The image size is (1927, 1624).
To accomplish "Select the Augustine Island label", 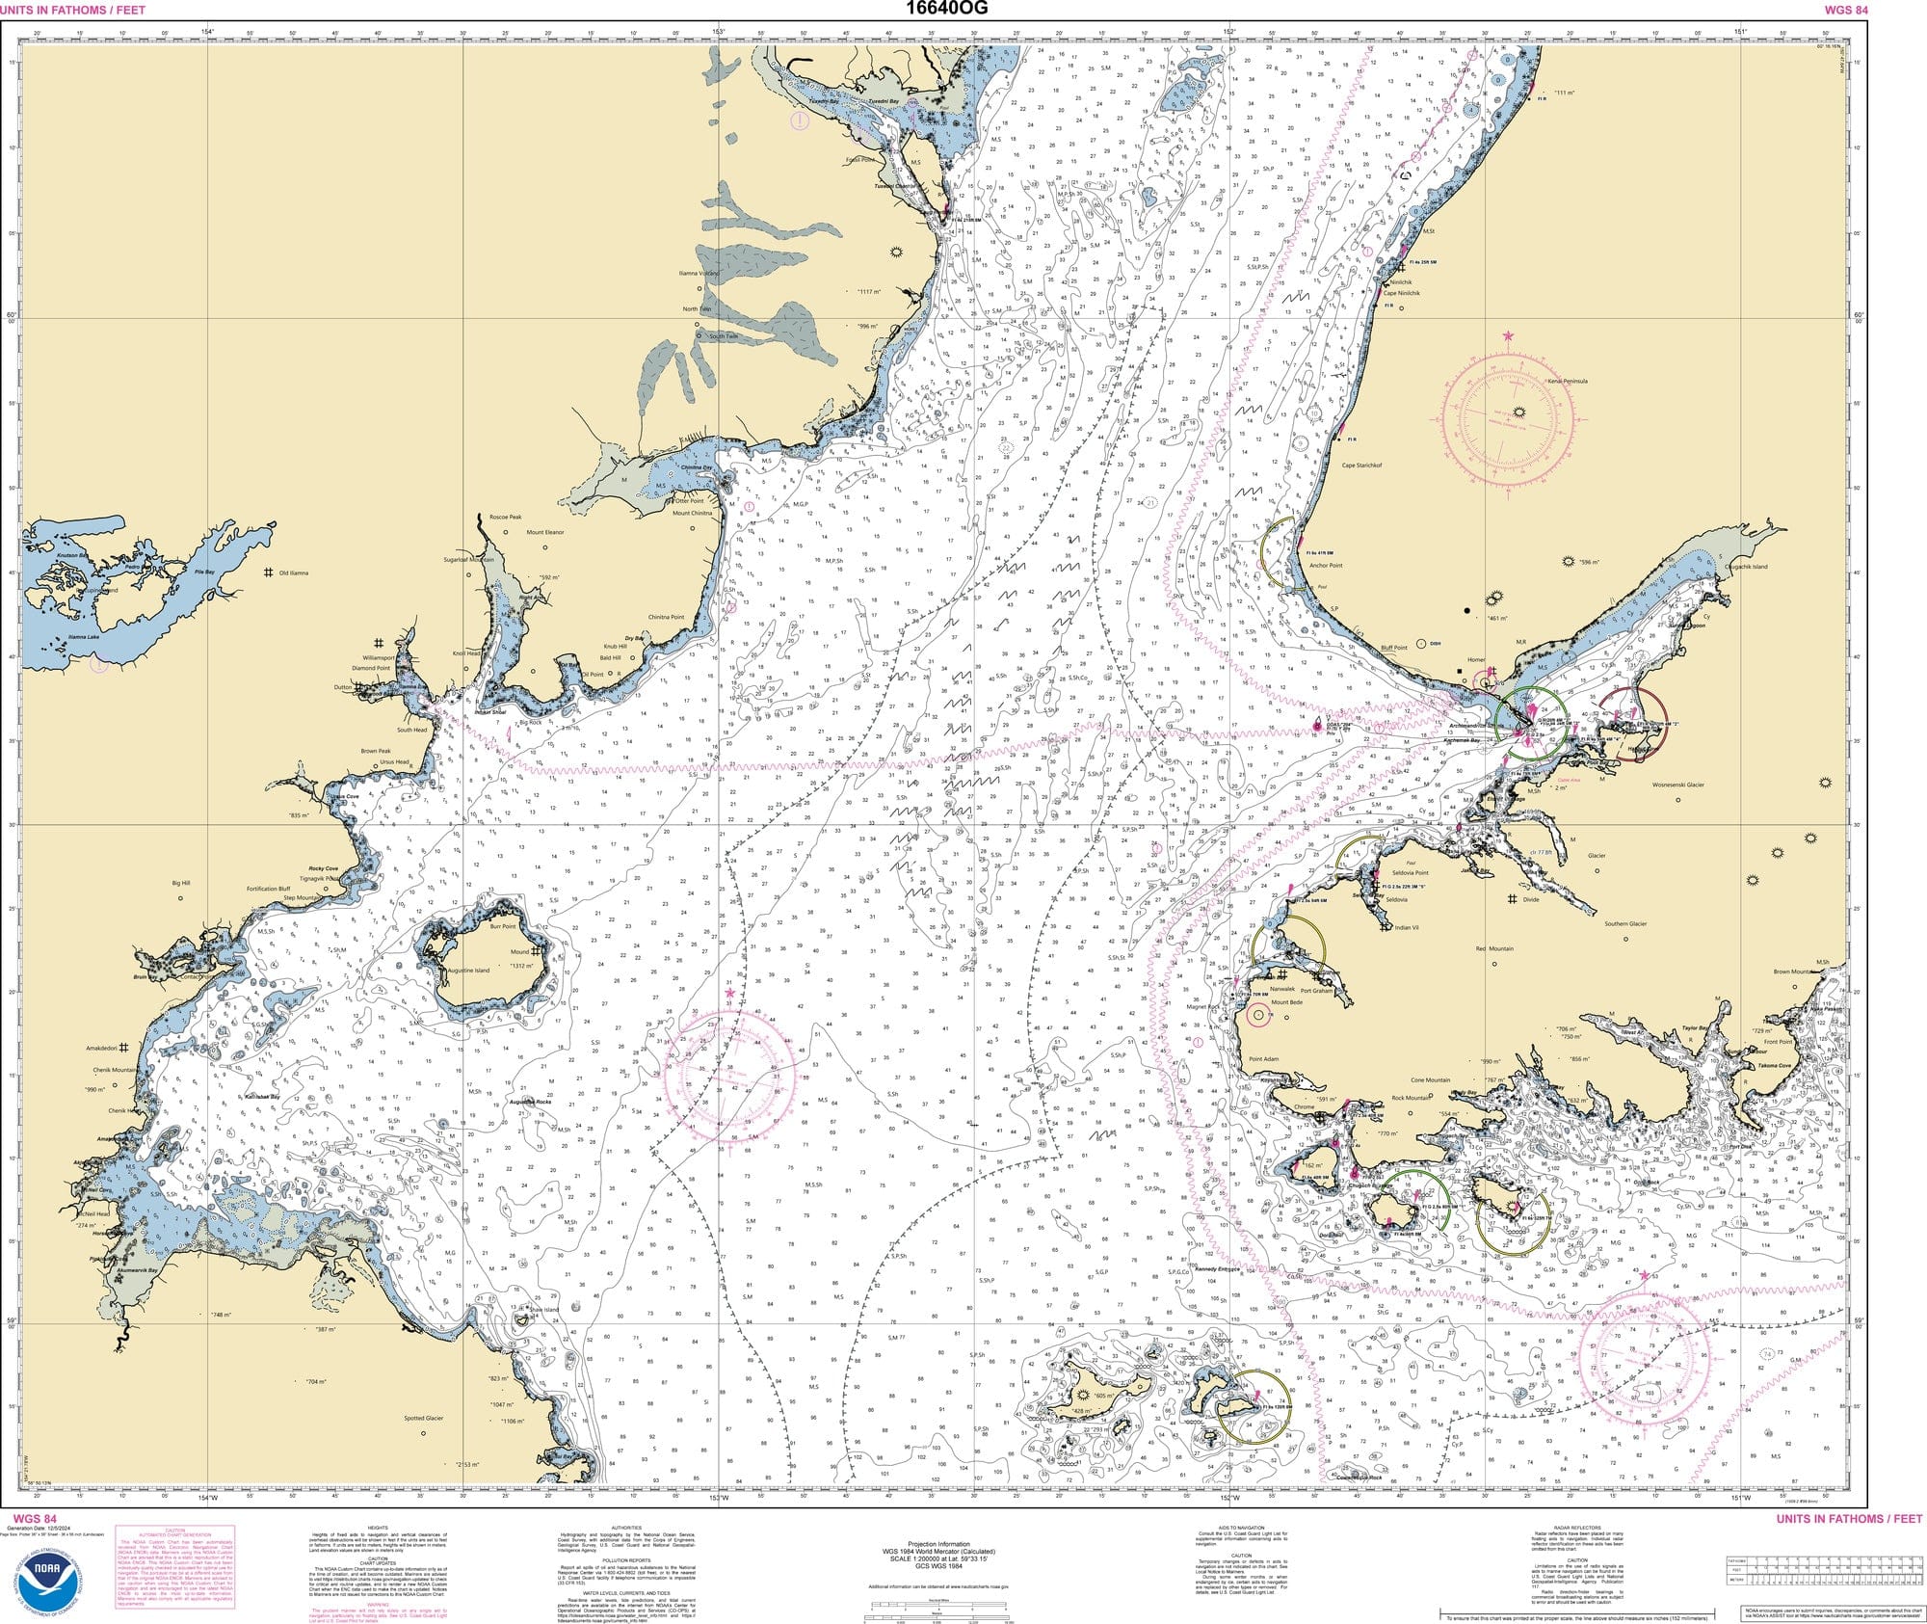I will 469,971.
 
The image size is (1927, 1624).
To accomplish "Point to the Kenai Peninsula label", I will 1567,381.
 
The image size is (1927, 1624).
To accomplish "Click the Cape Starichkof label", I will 1361,466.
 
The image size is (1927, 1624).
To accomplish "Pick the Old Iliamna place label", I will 293,573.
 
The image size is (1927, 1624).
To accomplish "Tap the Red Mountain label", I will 1494,948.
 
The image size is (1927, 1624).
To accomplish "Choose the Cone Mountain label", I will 1431,1080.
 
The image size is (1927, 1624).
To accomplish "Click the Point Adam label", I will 1262,1058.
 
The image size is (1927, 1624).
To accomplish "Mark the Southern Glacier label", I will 1625,923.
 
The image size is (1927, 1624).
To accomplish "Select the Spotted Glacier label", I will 424,1418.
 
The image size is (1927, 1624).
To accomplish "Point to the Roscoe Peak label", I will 505,518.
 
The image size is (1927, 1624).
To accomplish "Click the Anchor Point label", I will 1326,566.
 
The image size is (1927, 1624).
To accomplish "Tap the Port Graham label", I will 1315,991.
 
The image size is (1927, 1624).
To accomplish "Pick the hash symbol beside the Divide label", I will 1513,899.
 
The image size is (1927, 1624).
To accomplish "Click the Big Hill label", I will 181,883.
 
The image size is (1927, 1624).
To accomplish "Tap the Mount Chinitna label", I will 692,514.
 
